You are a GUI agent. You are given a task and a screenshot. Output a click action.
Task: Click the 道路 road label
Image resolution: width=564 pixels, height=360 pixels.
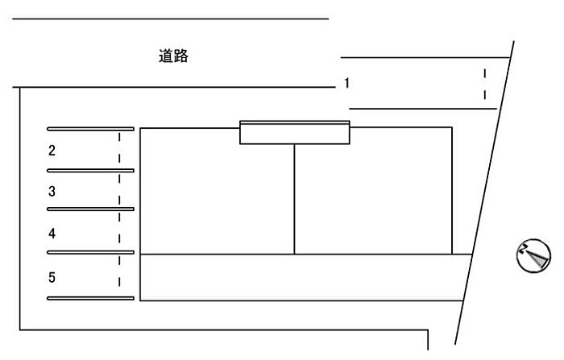(x=173, y=56)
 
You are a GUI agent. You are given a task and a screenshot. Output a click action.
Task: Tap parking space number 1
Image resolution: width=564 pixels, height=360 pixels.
(x=346, y=83)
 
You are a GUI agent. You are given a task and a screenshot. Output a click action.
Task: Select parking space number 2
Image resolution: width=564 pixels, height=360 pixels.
(x=52, y=151)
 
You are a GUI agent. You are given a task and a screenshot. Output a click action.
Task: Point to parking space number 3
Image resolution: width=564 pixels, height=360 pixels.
(x=52, y=192)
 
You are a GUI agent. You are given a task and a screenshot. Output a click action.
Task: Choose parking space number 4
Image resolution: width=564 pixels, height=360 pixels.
(x=52, y=234)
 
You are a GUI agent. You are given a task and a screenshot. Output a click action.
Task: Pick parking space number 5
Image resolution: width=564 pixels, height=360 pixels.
(x=52, y=277)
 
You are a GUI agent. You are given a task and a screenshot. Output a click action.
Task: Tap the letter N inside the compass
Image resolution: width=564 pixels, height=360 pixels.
(x=523, y=249)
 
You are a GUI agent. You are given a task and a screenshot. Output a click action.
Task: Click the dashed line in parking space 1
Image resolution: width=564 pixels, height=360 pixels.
(x=485, y=84)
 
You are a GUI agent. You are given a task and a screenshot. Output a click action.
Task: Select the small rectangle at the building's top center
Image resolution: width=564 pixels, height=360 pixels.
(x=295, y=132)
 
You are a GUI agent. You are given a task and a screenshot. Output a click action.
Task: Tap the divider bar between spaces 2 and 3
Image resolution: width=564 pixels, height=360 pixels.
(x=90, y=171)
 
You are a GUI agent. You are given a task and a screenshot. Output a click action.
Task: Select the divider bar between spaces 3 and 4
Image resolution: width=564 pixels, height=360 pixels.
(x=90, y=209)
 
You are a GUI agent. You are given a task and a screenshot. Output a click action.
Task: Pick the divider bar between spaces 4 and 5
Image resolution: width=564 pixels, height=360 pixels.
(x=90, y=252)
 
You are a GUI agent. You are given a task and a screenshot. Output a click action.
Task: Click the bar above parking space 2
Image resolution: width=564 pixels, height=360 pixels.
(x=90, y=129)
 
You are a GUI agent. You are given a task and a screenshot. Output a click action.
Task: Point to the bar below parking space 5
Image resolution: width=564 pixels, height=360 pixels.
(x=90, y=298)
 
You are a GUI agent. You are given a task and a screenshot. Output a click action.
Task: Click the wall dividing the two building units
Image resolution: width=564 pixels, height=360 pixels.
(x=294, y=199)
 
